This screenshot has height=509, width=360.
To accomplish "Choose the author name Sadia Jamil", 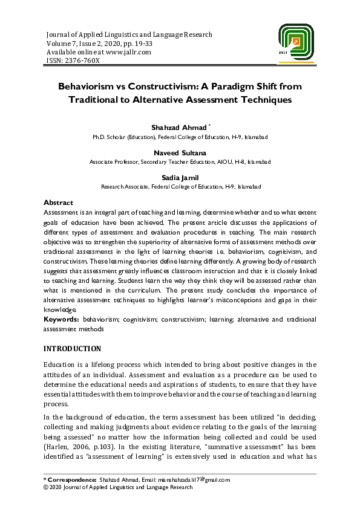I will tap(180, 178).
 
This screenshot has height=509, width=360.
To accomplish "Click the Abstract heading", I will tap(58, 203).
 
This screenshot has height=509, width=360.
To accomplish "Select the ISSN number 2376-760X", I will tap(80, 60).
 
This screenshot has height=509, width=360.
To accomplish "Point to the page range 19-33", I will tap(139, 44).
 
